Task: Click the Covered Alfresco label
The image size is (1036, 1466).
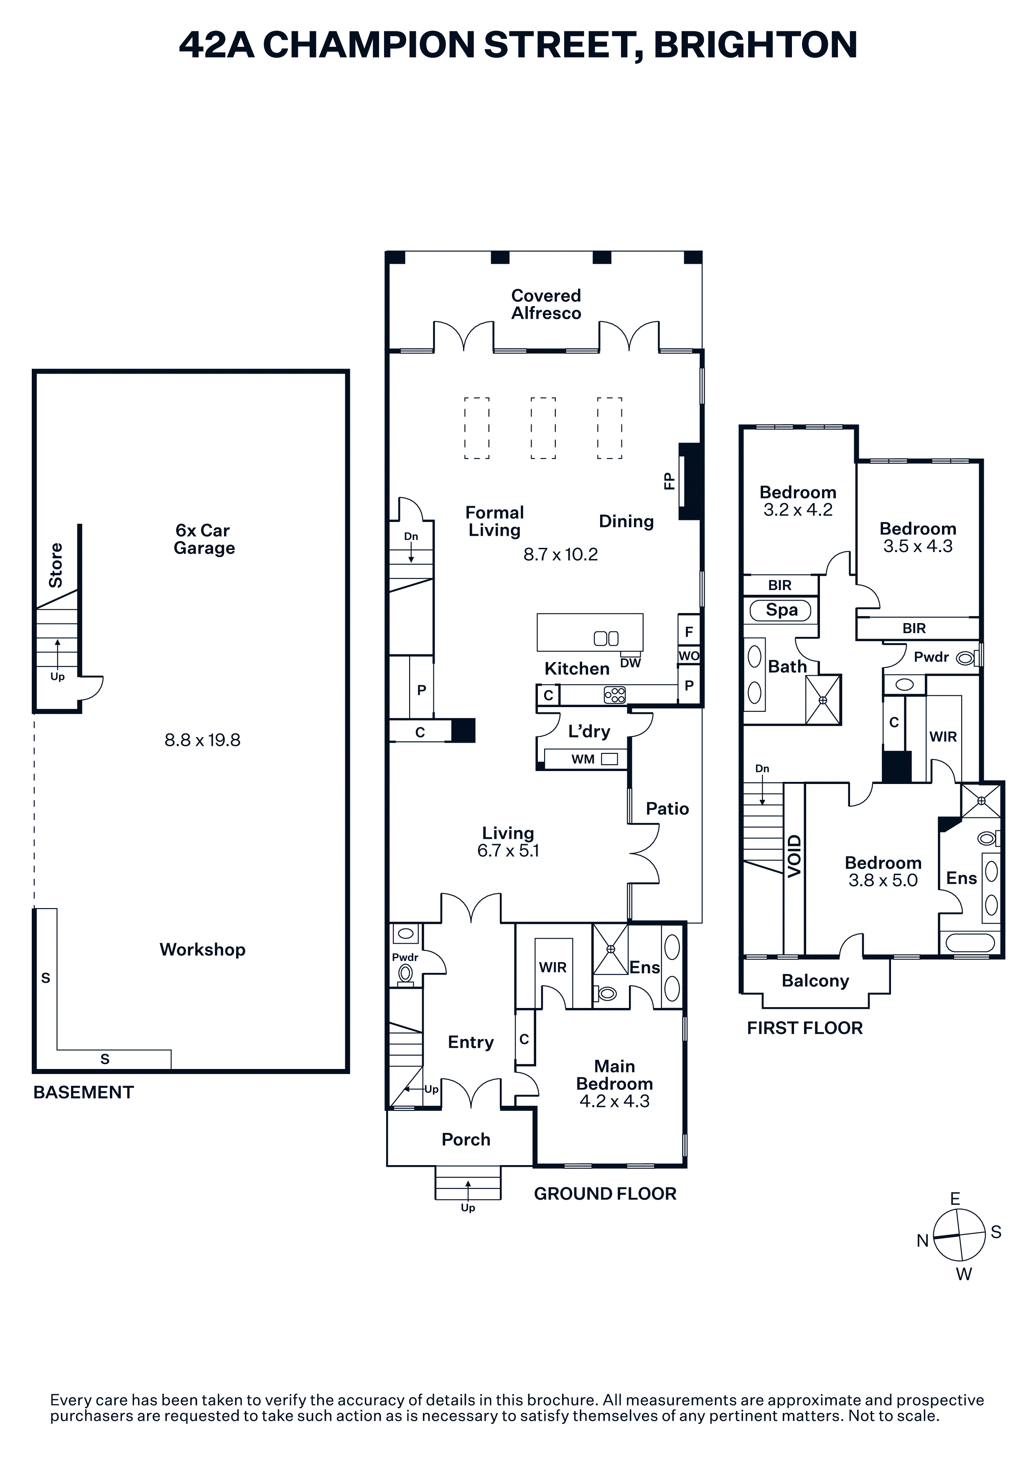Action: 546,305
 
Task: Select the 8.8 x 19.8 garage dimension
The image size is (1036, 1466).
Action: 202,740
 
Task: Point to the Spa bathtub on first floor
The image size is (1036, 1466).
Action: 781,611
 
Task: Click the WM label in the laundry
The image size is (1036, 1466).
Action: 583,759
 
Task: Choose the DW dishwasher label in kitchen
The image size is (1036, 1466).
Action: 630,663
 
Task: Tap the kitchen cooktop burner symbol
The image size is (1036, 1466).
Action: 615,695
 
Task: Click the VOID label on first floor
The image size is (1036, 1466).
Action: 794,856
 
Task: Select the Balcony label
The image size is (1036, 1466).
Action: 815,981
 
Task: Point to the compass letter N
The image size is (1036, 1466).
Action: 922,1241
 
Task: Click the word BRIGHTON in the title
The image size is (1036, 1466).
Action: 755,45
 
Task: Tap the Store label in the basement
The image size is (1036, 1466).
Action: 56,565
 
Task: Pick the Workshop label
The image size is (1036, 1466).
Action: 202,950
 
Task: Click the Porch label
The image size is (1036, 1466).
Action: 466,1140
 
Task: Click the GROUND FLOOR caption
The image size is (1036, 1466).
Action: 605,1194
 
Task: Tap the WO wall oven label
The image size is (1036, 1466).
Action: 689,656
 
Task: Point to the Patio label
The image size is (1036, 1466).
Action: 667,809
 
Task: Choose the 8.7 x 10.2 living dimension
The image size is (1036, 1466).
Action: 560,554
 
